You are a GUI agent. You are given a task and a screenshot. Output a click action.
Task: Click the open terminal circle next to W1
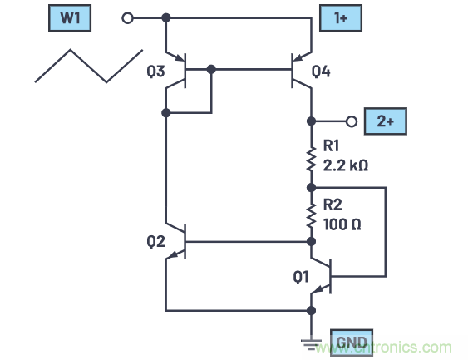(x=127, y=17)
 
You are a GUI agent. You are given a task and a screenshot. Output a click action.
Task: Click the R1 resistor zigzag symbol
(x=310, y=158)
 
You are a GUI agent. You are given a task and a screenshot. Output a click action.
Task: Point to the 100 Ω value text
(x=340, y=224)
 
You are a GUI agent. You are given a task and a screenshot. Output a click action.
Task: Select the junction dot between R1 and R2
(x=310, y=187)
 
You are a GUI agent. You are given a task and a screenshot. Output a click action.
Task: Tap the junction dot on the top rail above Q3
(x=166, y=17)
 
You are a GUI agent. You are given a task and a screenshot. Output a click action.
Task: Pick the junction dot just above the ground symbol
(x=310, y=311)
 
